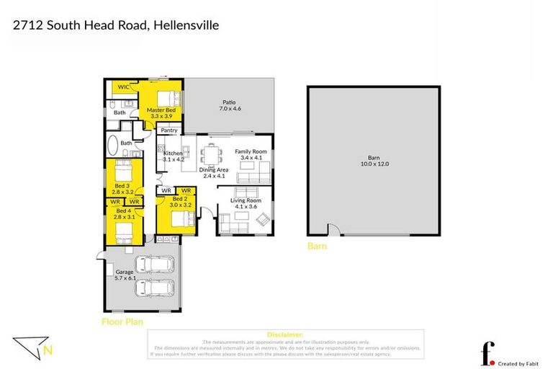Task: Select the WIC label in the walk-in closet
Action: (123, 86)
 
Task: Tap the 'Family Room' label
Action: (251, 151)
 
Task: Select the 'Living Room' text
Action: (246, 200)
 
